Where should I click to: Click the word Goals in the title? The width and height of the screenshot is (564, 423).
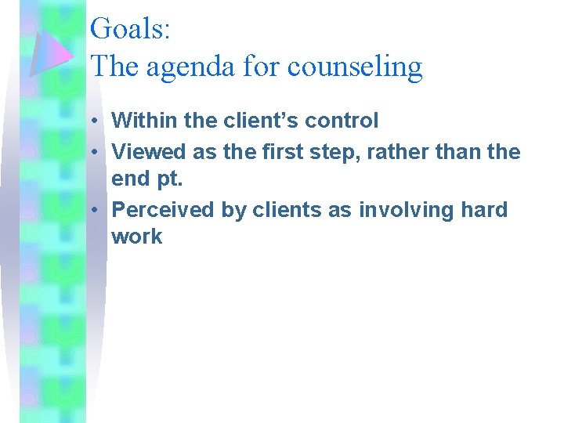126,29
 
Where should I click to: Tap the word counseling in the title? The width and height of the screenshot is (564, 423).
355,67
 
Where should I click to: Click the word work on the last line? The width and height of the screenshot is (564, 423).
137,237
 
